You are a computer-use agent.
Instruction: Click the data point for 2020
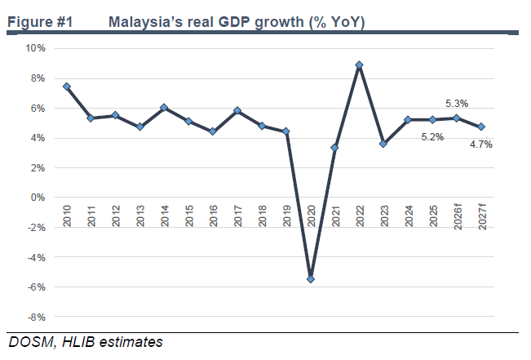tap(311, 279)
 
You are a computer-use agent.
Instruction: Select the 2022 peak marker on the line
tap(360, 64)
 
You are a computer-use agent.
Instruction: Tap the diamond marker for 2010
tap(67, 87)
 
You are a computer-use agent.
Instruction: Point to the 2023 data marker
tap(383, 144)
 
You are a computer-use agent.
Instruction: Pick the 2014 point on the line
tap(164, 108)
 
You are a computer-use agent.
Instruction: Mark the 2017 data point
tap(237, 110)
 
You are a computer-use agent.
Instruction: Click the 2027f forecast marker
tap(481, 127)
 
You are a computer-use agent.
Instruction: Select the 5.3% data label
tap(457, 104)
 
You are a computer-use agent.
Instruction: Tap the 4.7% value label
tap(481, 144)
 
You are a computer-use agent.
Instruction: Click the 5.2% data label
tap(432, 137)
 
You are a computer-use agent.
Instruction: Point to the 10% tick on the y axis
tap(35, 48)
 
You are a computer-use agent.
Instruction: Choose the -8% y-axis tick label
tap(36, 318)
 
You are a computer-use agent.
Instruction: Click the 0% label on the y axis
tap(38, 198)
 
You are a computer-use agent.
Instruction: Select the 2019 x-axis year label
tap(287, 216)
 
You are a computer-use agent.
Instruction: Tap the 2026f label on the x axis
tap(458, 216)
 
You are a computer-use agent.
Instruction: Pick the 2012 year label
tap(116, 216)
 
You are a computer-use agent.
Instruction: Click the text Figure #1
tap(40, 22)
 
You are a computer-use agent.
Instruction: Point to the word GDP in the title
tap(233, 22)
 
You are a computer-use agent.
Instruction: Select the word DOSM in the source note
tap(31, 342)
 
